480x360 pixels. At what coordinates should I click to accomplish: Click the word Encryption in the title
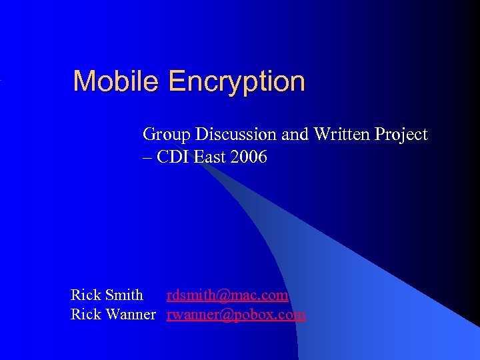pyautogui.click(x=237, y=83)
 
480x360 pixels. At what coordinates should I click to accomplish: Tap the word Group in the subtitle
pyautogui.click(x=164, y=135)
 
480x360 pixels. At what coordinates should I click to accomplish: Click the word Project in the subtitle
pyautogui.click(x=401, y=135)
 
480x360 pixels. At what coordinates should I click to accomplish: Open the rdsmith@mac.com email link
pyautogui.click(x=227, y=295)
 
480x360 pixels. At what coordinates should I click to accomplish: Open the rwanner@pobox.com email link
pyautogui.click(x=236, y=314)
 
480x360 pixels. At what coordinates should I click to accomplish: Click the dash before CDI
pyautogui.click(x=147, y=158)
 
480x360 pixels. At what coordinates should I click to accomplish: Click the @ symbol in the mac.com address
pyautogui.click(x=223, y=295)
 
